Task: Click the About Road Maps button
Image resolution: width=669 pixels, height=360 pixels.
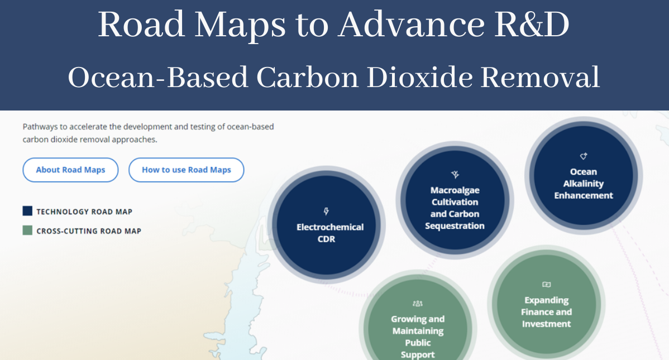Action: (x=70, y=170)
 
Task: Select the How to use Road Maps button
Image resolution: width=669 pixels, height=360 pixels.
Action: (x=186, y=170)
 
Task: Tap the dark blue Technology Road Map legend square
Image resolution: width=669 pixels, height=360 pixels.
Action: (x=27, y=211)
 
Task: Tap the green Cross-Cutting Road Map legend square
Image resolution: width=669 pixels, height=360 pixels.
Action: (x=27, y=230)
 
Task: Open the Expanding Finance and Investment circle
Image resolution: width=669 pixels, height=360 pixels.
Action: (x=546, y=304)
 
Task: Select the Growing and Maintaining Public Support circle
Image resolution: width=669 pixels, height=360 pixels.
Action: (x=418, y=329)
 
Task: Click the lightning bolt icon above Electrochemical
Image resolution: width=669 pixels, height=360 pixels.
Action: (x=327, y=212)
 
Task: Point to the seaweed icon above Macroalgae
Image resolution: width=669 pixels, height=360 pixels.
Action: (x=455, y=175)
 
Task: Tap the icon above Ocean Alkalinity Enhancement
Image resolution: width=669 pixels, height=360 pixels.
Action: (x=584, y=156)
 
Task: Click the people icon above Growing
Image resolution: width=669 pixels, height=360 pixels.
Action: (x=418, y=304)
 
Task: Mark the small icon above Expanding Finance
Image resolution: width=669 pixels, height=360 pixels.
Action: (x=546, y=285)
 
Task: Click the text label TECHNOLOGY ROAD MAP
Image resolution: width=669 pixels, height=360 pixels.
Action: (x=84, y=212)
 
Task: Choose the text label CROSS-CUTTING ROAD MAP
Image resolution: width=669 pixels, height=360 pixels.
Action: (x=89, y=231)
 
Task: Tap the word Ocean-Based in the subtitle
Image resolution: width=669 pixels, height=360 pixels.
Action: (x=158, y=77)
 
